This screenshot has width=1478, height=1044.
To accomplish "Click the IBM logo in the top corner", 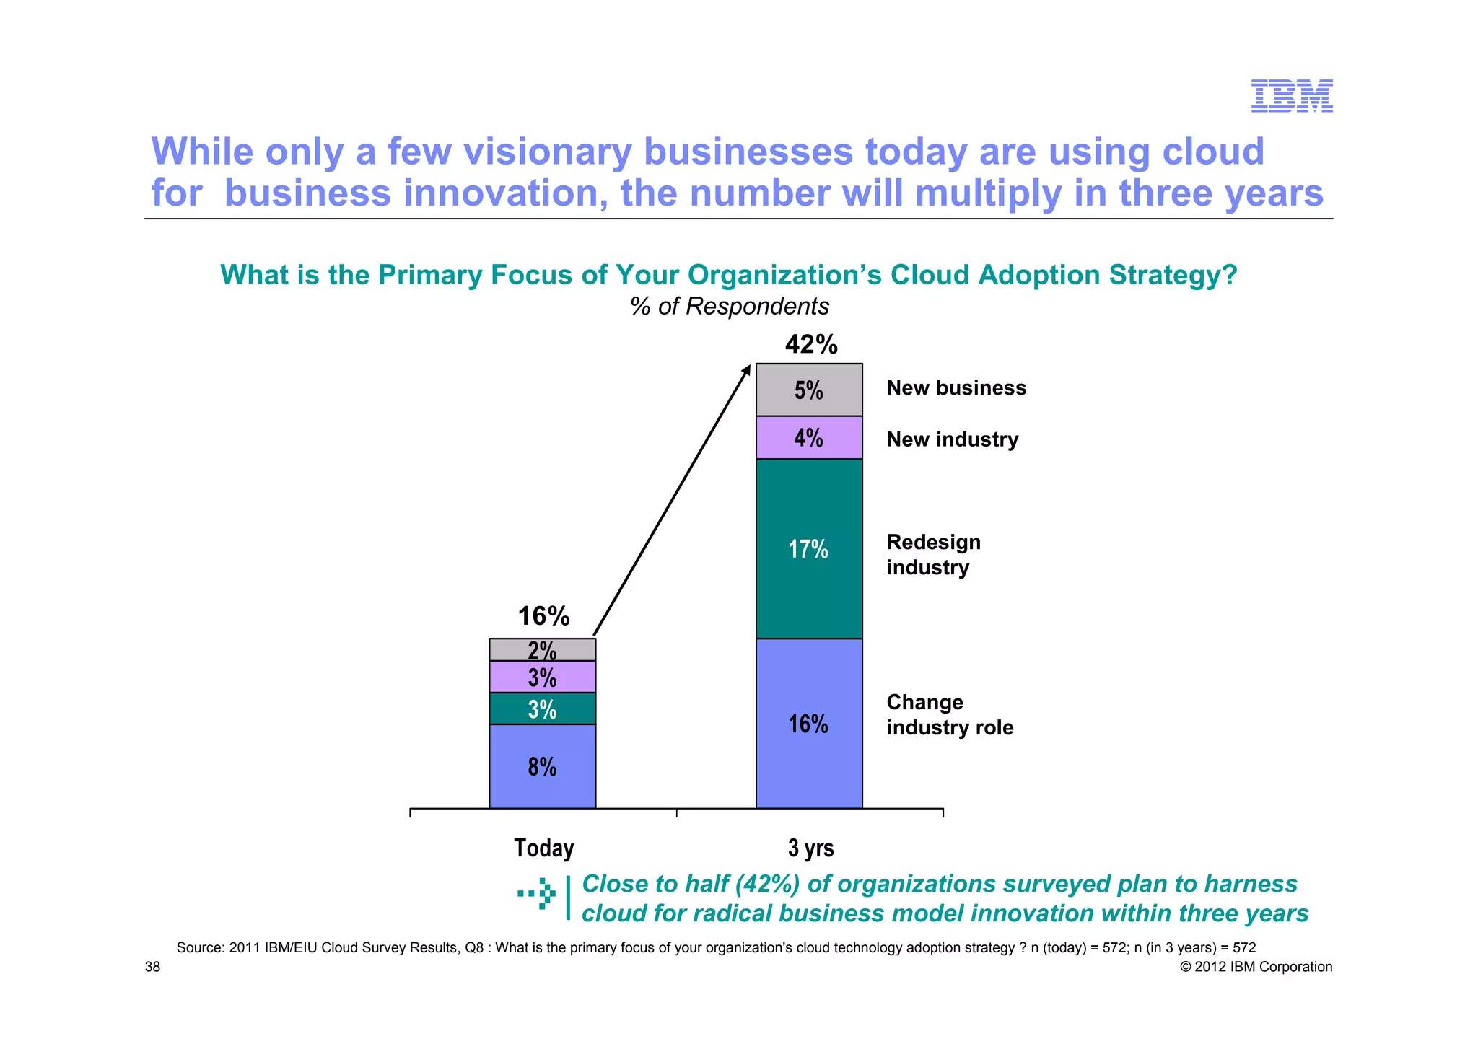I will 1291,96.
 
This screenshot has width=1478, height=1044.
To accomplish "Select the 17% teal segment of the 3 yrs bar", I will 809,548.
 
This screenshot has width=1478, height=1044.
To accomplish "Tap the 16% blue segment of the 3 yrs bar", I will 809,723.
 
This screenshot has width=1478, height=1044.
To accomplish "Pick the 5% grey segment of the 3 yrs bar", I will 809,390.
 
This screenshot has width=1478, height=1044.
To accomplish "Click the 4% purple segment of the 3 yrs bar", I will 809,437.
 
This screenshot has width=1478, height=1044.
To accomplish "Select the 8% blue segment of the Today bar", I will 543,766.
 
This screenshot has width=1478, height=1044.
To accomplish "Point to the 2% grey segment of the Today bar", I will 543,650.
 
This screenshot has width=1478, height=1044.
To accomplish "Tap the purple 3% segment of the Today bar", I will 543,677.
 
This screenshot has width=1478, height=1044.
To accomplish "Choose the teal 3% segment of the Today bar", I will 543,709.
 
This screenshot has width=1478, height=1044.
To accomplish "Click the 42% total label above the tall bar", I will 811,344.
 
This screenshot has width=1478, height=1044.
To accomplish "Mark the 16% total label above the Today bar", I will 543,615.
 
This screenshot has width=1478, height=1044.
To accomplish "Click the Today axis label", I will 543,847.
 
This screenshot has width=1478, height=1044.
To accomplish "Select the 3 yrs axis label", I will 810,847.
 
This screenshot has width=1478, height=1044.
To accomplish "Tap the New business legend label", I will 956,388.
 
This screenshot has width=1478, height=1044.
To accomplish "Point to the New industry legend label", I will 952,439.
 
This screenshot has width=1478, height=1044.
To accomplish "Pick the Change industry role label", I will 949,714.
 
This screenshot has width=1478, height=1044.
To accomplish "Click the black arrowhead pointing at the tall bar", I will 746,370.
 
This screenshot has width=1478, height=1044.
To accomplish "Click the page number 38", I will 153,967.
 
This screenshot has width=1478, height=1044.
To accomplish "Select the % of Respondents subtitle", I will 729,306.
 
